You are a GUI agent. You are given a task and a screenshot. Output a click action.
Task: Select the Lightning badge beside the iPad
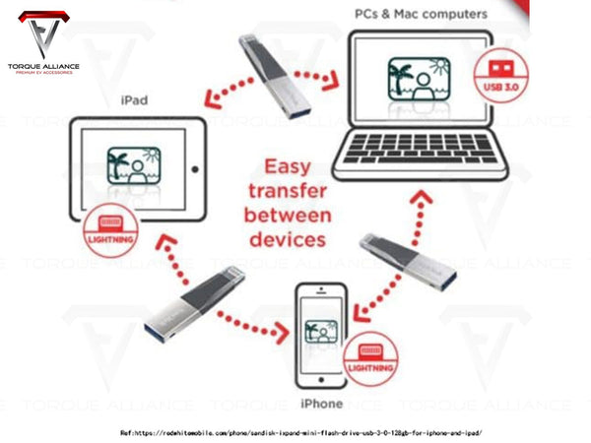click(x=110, y=228)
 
